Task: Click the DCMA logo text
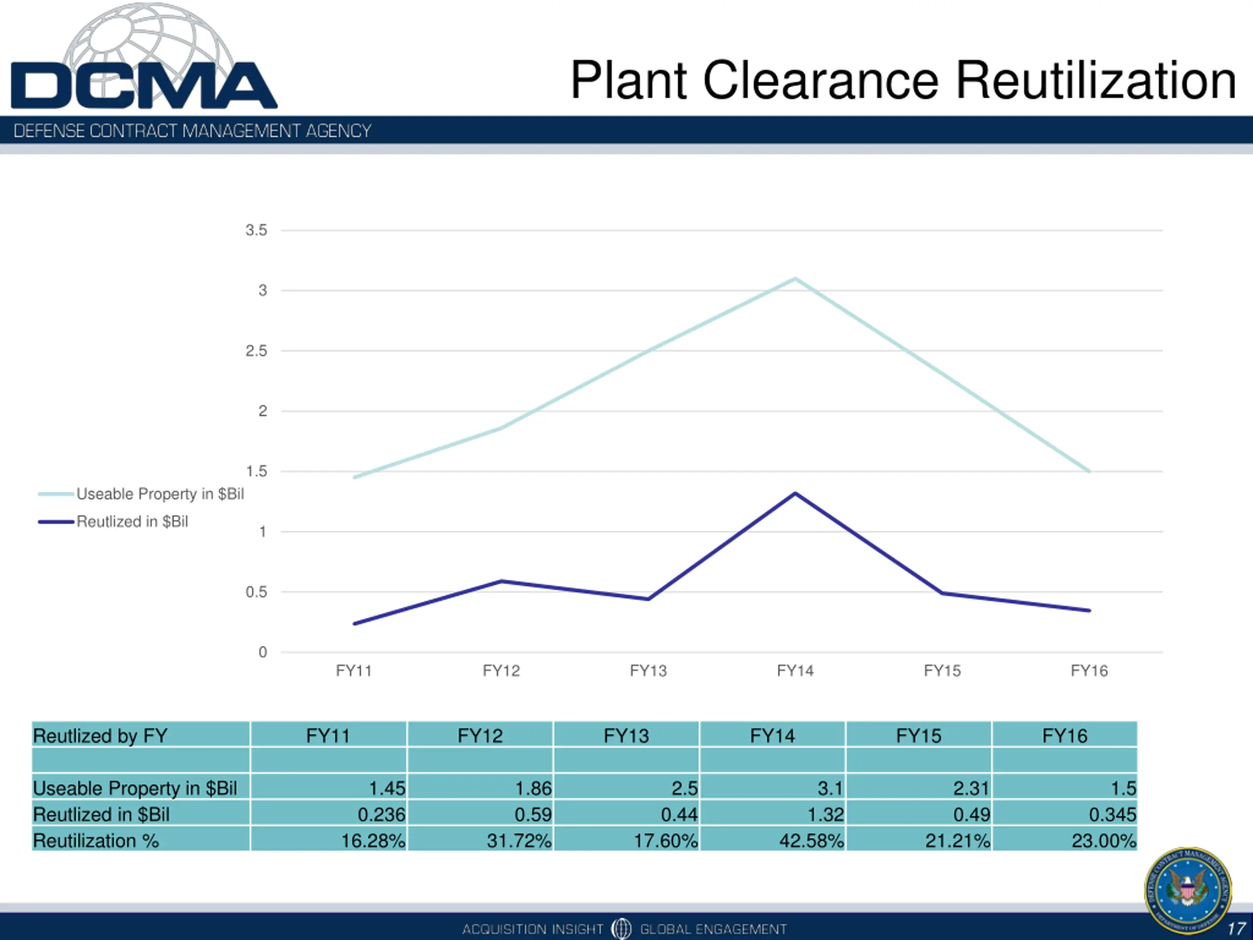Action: [143, 85]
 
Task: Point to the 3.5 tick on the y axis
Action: [256, 230]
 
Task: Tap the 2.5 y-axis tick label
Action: [256, 351]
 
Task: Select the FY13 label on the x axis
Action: [648, 671]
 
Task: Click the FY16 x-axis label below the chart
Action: [1089, 671]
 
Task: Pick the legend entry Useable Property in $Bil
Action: [160, 494]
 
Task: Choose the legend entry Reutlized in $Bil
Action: [132, 521]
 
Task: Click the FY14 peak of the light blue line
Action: [795, 278]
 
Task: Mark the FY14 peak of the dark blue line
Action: [795, 493]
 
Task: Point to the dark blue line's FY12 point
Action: [501, 581]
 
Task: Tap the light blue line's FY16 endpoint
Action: [1089, 471]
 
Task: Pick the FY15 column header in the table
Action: [918, 735]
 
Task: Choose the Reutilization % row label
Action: [96, 840]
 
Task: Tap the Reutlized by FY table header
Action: [100, 735]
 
